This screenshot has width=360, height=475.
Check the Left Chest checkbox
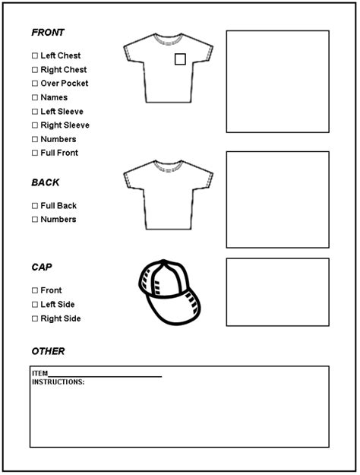tap(34, 55)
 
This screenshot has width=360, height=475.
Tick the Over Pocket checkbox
tap(34, 84)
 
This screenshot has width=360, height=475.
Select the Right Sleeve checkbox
tap(34, 125)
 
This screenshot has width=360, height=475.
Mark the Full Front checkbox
tap(34, 154)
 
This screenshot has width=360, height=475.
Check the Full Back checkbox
tap(34, 206)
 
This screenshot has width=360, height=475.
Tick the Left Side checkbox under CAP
tap(34, 305)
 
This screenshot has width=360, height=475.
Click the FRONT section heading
tap(47, 33)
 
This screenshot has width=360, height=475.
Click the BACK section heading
tap(45, 182)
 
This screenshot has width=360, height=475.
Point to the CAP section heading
tap(42, 268)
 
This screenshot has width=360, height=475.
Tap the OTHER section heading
tap(48, 351)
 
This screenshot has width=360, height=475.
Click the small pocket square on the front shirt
tap(180, 59)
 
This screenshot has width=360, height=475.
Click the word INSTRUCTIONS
tap(58, 382)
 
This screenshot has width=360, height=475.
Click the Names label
tap(54, 97)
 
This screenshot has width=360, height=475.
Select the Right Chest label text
tap(64, 70)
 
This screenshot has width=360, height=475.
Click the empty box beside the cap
tap(277, 293)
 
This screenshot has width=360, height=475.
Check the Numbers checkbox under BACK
tap(34, 220)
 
